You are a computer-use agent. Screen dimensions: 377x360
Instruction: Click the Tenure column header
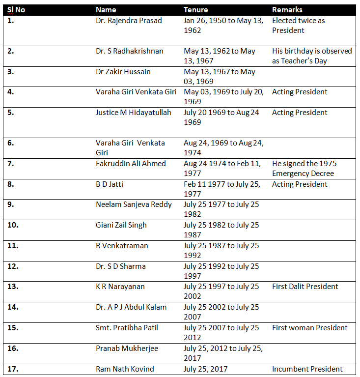point(195,10)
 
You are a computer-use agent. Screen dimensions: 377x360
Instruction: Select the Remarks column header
point(287,10)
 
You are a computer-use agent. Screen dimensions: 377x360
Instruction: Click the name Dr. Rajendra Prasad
point(129,21)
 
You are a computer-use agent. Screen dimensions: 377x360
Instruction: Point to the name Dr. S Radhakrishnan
point(130,51)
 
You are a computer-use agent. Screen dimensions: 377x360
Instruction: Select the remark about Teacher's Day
point(312,56)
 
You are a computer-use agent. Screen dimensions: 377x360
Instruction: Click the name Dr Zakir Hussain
point(123,72)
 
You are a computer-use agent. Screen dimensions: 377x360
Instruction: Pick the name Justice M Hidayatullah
point(134,113)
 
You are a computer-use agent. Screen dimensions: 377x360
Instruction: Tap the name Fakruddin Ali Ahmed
point(131,164)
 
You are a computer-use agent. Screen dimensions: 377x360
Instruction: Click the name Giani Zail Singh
point(121,225)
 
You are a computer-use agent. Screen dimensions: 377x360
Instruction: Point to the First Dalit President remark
point(305,287)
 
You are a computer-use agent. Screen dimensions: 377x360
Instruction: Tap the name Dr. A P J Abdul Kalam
point(131,307)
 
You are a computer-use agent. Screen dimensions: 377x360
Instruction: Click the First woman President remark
point(309,328)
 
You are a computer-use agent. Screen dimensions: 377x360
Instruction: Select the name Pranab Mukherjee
point(126,348)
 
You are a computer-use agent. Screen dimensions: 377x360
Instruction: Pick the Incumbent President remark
point(307,369)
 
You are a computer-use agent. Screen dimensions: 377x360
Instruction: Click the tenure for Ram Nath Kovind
point(206,369)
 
